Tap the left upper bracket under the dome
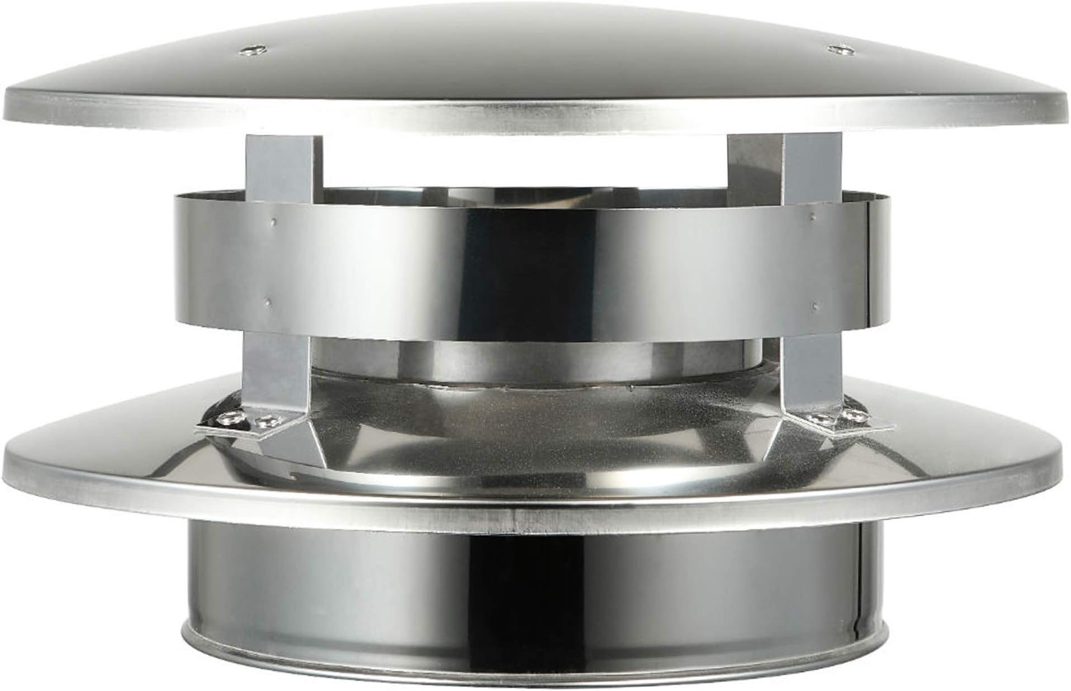(x=284, y=165)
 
